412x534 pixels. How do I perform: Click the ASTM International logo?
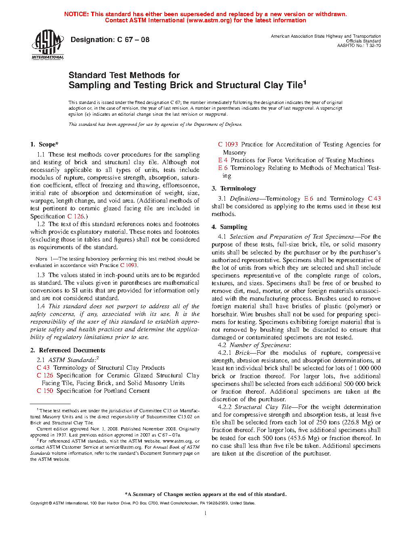pyautogui.click(x=48, y=45)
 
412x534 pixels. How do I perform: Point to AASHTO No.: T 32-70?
pyautogui.click(x=359, y=46)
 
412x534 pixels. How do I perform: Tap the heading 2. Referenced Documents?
pyautogui.click(x=68, y=350)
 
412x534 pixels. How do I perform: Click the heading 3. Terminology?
pyautogui.click(x=234, y=189)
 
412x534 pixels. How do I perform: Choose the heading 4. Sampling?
pyautogui.click(x=229, y=227)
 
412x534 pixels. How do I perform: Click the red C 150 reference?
pyautogui.click(x=45, y=391)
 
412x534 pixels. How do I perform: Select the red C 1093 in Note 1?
pyautogui.click(x=129, y=265)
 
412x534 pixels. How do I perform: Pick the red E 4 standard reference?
pyautogui.click(x=223, y=160)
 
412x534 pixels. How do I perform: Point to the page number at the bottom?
pyautogui.click(x=206, y=513)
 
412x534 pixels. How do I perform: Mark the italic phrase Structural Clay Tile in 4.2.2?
pyautogui.click(x=263, y=407)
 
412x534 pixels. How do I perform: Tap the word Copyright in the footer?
pyautogui.click(x=39, y=503)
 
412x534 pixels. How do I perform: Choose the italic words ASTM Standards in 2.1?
pyautogui.click(x=72, y=360)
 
